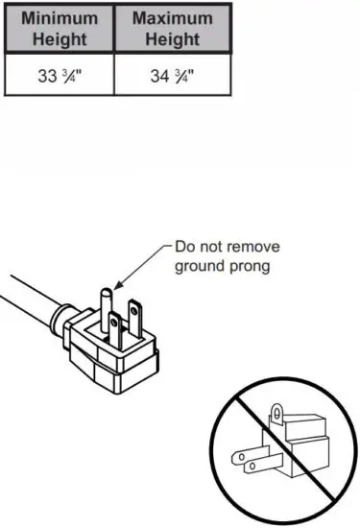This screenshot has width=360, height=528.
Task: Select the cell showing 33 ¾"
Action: click(60, 77)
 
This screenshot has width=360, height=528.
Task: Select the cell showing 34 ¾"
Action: click(172, 77)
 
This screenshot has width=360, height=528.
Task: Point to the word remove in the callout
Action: click(251, 247)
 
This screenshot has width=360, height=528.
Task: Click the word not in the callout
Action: click(211, 247)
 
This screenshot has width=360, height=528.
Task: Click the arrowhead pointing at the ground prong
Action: click(117, 285)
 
